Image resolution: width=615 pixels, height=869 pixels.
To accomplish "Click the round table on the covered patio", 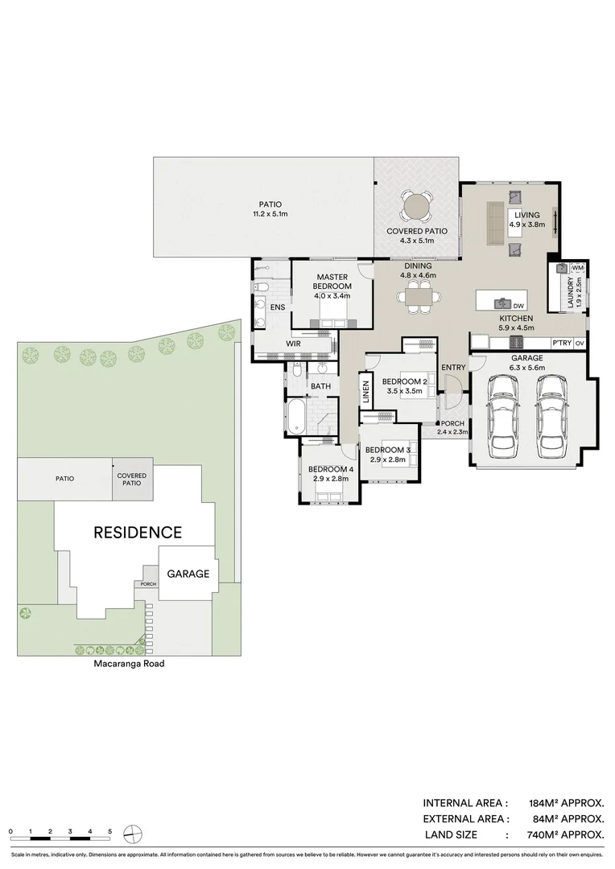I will point(416,207).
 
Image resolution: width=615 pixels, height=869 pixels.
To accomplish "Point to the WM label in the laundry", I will point(576,267).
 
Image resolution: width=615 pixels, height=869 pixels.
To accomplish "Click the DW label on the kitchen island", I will point(518,306).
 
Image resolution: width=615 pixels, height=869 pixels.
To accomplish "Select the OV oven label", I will point(579,343).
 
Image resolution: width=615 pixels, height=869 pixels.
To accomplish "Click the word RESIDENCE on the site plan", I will point(138,532).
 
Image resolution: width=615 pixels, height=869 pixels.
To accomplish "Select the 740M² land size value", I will point(541,834).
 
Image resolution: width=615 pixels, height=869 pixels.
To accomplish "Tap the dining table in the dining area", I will point(417,298).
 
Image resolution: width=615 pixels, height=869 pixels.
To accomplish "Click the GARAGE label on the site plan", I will point(188,574).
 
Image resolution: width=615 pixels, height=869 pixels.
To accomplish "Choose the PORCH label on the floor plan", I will point(452,423).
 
